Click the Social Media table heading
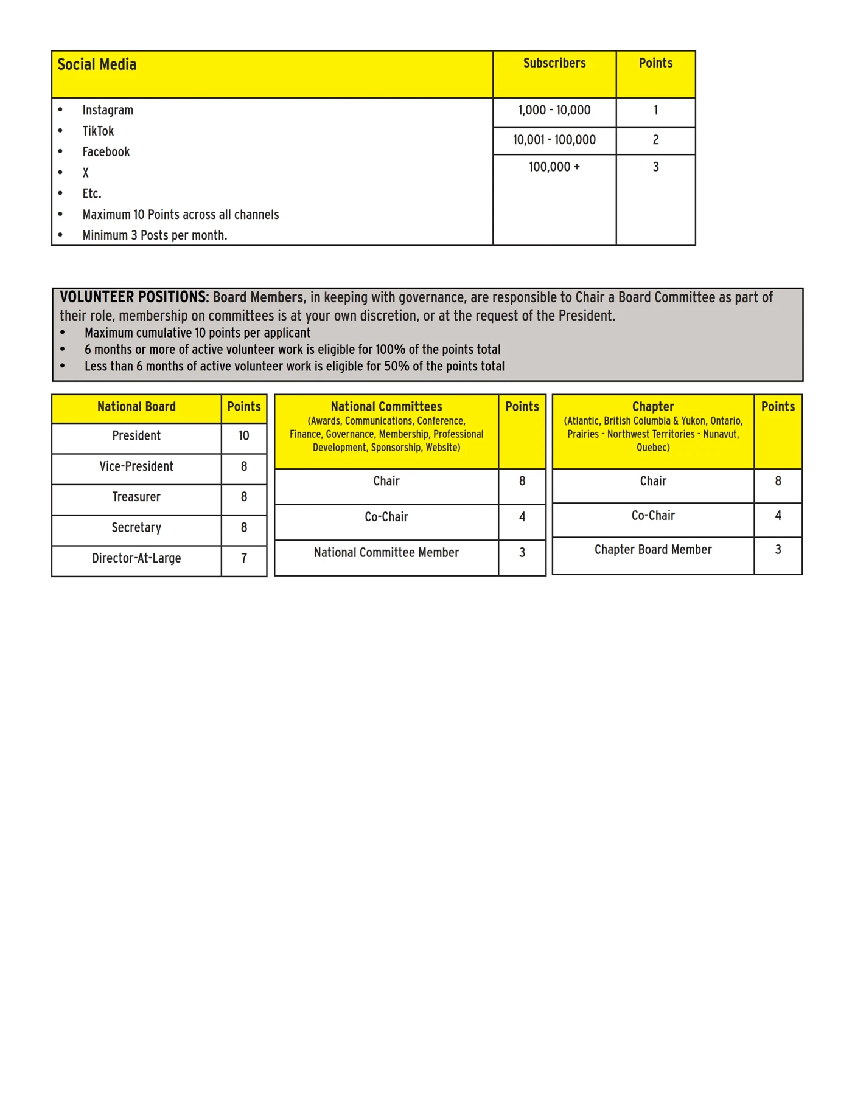coord(97,64)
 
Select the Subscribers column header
coord(554,63)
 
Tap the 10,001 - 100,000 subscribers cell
coord(554,140)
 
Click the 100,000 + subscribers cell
coord(554,167)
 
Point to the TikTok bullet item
coord(98,131)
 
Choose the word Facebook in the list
coord(106,152)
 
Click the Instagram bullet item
coord(108,110)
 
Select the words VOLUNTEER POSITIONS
coord(134,297)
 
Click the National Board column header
coord(136,407)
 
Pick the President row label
coord(136,436)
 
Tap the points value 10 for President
coord(243,436)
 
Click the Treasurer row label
coord(136,497)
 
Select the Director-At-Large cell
coord(136,558)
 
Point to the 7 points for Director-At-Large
coord(243,558)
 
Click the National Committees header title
coord(386,407)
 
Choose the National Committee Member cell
coord(386,553)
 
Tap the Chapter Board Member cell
coord(653,550)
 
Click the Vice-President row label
coord(136,466)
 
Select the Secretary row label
coord(136,528)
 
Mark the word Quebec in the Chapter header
coord(652,448)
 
